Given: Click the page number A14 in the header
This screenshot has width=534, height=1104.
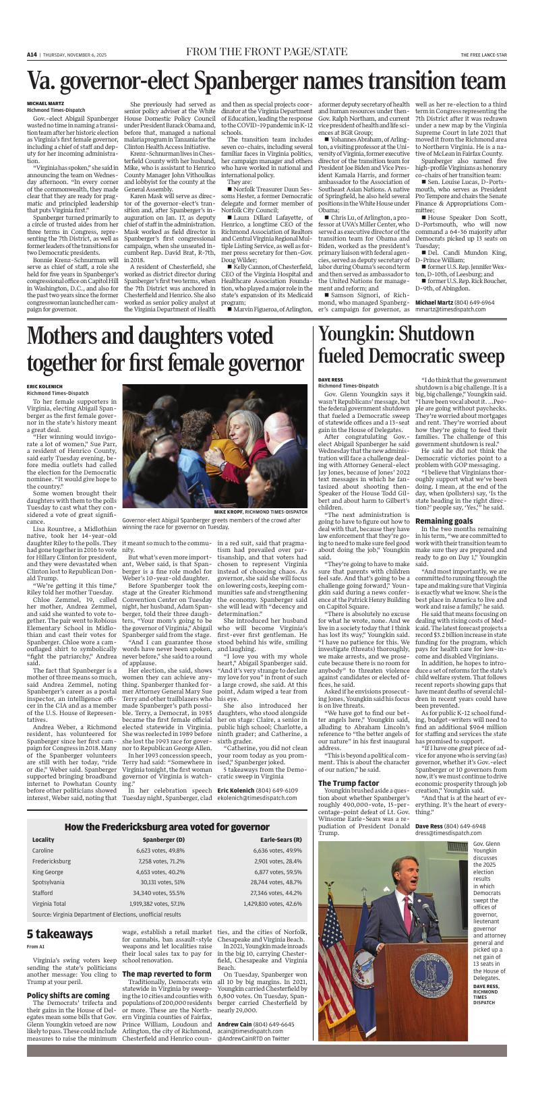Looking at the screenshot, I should coord(32,55).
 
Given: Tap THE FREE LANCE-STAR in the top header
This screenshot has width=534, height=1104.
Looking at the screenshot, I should coord(483,55).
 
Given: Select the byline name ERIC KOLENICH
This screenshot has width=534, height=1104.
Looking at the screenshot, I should coord(44,386).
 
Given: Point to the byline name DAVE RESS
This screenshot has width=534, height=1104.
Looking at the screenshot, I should coord(330,379).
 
